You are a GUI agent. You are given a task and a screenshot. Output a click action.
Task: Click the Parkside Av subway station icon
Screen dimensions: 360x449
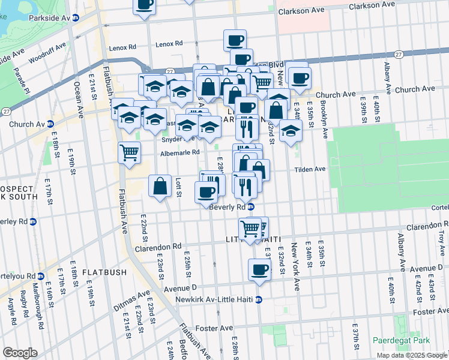[75, 18]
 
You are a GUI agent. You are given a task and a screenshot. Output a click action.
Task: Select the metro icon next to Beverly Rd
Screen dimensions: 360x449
[251, 207]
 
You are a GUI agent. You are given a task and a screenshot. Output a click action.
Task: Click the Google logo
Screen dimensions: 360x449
[20, 353]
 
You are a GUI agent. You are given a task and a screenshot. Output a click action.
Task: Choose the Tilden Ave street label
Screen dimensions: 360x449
[310, 169]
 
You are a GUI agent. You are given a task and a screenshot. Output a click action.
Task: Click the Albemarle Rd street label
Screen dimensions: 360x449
[179, 153]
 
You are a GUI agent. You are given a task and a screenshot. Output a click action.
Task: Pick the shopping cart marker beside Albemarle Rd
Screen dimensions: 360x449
[130, 152]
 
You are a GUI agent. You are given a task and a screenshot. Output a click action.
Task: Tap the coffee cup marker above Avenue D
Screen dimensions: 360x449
[259, 269]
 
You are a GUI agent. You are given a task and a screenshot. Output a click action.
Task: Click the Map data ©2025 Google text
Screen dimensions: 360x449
[412, 355]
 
